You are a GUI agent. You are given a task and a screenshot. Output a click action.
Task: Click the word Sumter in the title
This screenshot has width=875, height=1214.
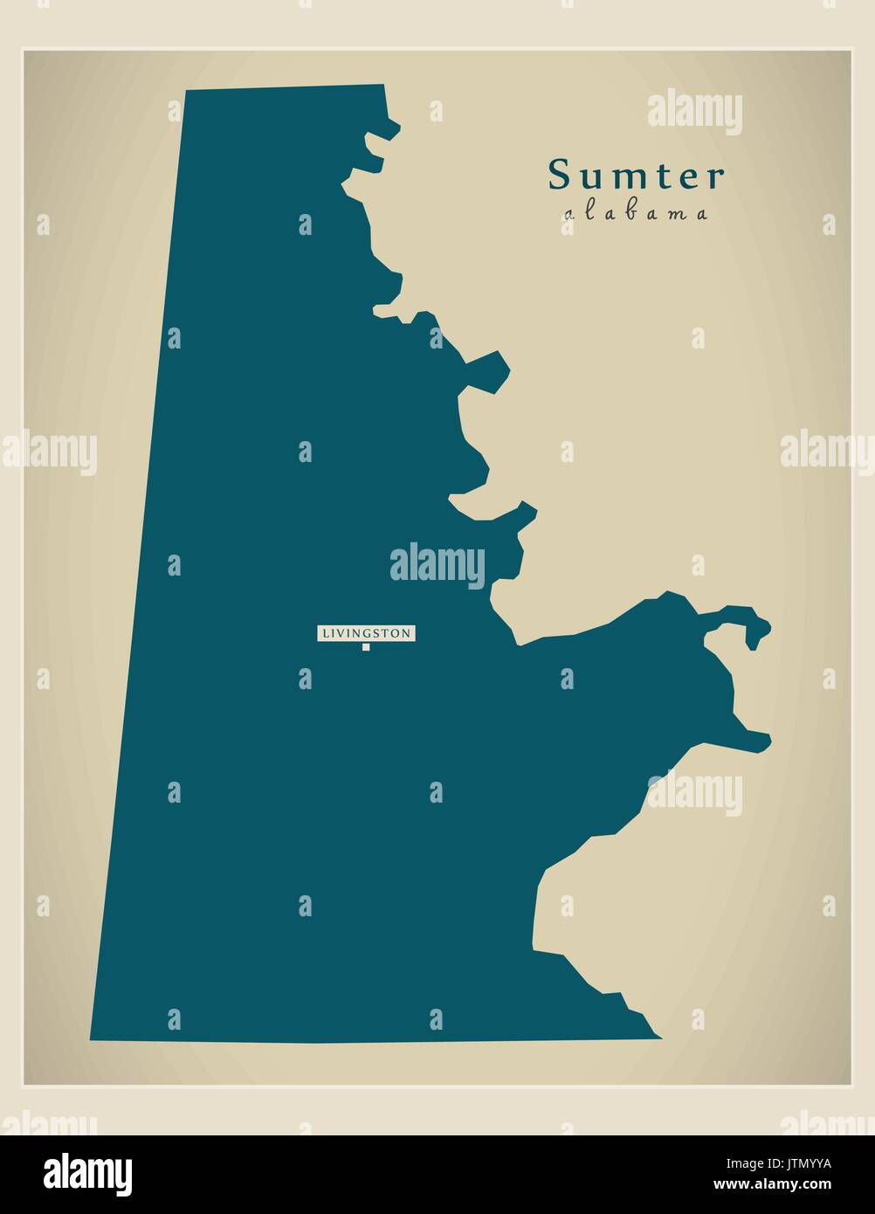pos(636,176)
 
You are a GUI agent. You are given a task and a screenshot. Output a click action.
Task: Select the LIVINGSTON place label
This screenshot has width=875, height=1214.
pos(365,633)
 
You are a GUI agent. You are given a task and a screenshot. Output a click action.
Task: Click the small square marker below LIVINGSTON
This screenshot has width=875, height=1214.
pos(366,647)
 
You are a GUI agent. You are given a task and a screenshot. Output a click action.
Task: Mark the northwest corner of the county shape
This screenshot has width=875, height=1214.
pos(186,90)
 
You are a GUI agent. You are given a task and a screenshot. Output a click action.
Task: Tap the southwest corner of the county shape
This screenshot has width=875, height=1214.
pos(91,1040)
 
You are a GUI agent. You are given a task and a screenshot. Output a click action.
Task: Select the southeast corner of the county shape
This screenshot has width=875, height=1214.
pos(660,1038)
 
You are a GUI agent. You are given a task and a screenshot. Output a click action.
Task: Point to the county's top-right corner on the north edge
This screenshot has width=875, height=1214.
pos(383,86)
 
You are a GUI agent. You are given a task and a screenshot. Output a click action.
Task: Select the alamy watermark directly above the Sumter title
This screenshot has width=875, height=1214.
pos(694,113)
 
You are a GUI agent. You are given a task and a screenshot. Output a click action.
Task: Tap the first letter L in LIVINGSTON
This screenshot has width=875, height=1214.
pos(324,633)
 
